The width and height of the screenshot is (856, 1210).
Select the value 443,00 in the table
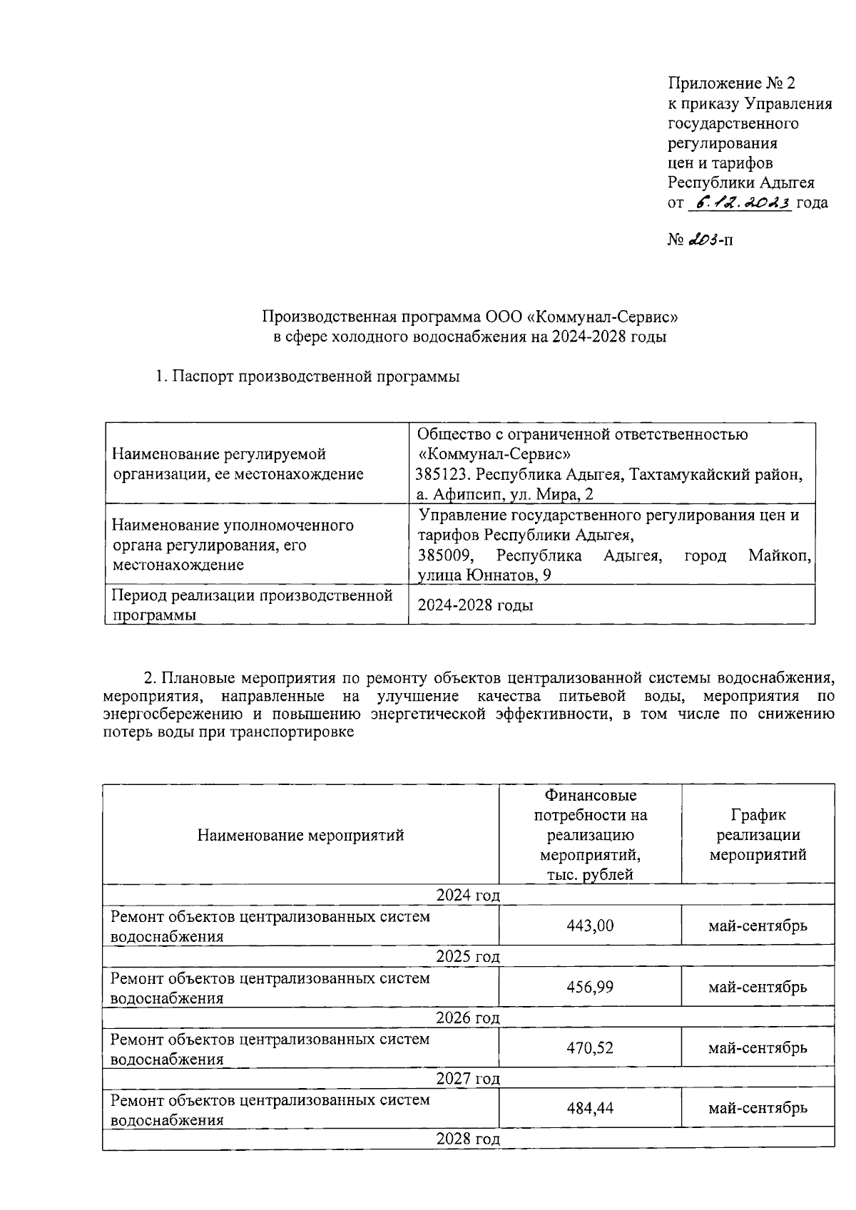[590, 926]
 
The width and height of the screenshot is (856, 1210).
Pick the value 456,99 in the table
[590, 987]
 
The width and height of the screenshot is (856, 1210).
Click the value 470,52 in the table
[590, 1047]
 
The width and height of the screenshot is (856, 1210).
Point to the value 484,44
[590, 1108]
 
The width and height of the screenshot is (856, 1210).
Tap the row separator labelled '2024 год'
[468, 895]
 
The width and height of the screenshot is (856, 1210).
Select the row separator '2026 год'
[468, 1017]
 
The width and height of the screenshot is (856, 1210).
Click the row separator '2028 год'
[468, 1139]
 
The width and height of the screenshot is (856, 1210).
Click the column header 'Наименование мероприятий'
[300, 835]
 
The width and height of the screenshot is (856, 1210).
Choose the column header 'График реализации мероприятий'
[758, 834]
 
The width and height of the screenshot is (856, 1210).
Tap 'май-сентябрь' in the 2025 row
[758, 987]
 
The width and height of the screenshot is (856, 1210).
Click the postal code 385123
[443, 475]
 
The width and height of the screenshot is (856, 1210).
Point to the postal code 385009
[443, 555]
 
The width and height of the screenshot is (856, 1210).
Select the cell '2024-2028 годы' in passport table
[475, 605]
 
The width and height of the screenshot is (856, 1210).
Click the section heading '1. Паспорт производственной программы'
[307, 376]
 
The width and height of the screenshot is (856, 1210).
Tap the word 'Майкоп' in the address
[780, 555]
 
